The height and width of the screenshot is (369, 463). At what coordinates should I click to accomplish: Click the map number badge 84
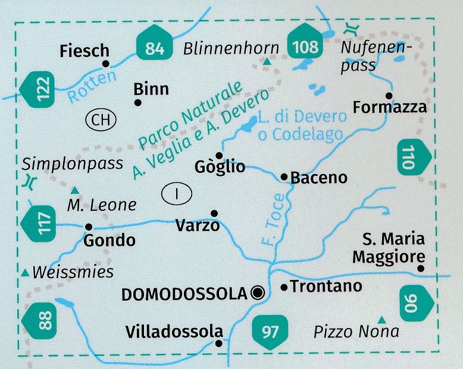[154, 46]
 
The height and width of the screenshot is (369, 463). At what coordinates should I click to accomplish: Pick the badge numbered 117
[36, 223]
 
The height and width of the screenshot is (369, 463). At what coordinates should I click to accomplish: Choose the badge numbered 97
[270, 330]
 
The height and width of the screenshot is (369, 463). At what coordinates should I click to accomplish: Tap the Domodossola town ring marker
[258, 291]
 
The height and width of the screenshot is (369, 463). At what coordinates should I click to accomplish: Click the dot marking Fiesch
[106, 64]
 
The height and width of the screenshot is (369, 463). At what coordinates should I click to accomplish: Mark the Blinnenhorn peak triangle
[267, 61]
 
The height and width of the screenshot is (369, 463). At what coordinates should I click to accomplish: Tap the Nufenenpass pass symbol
[351, 28]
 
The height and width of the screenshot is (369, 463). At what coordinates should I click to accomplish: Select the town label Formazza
[390, 108]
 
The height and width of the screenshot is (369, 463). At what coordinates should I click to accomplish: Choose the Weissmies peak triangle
[25, 272]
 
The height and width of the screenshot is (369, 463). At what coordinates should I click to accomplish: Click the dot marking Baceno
[284, 176]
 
